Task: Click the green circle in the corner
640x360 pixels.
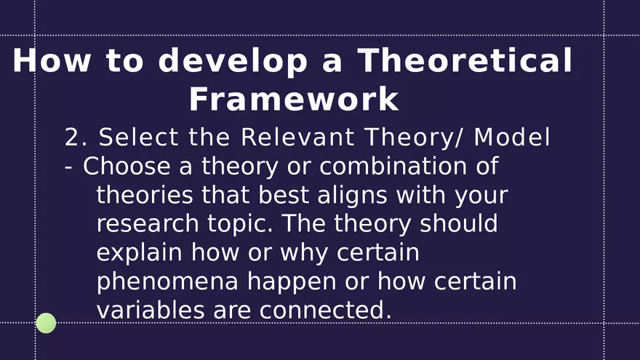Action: point(46,323)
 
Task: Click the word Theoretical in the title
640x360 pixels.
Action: point(465,61)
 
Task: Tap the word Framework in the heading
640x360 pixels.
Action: point(294,100)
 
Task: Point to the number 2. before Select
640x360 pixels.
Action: point(76,137)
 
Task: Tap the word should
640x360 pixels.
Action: point(459,223)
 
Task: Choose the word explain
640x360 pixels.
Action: point(140,253)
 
